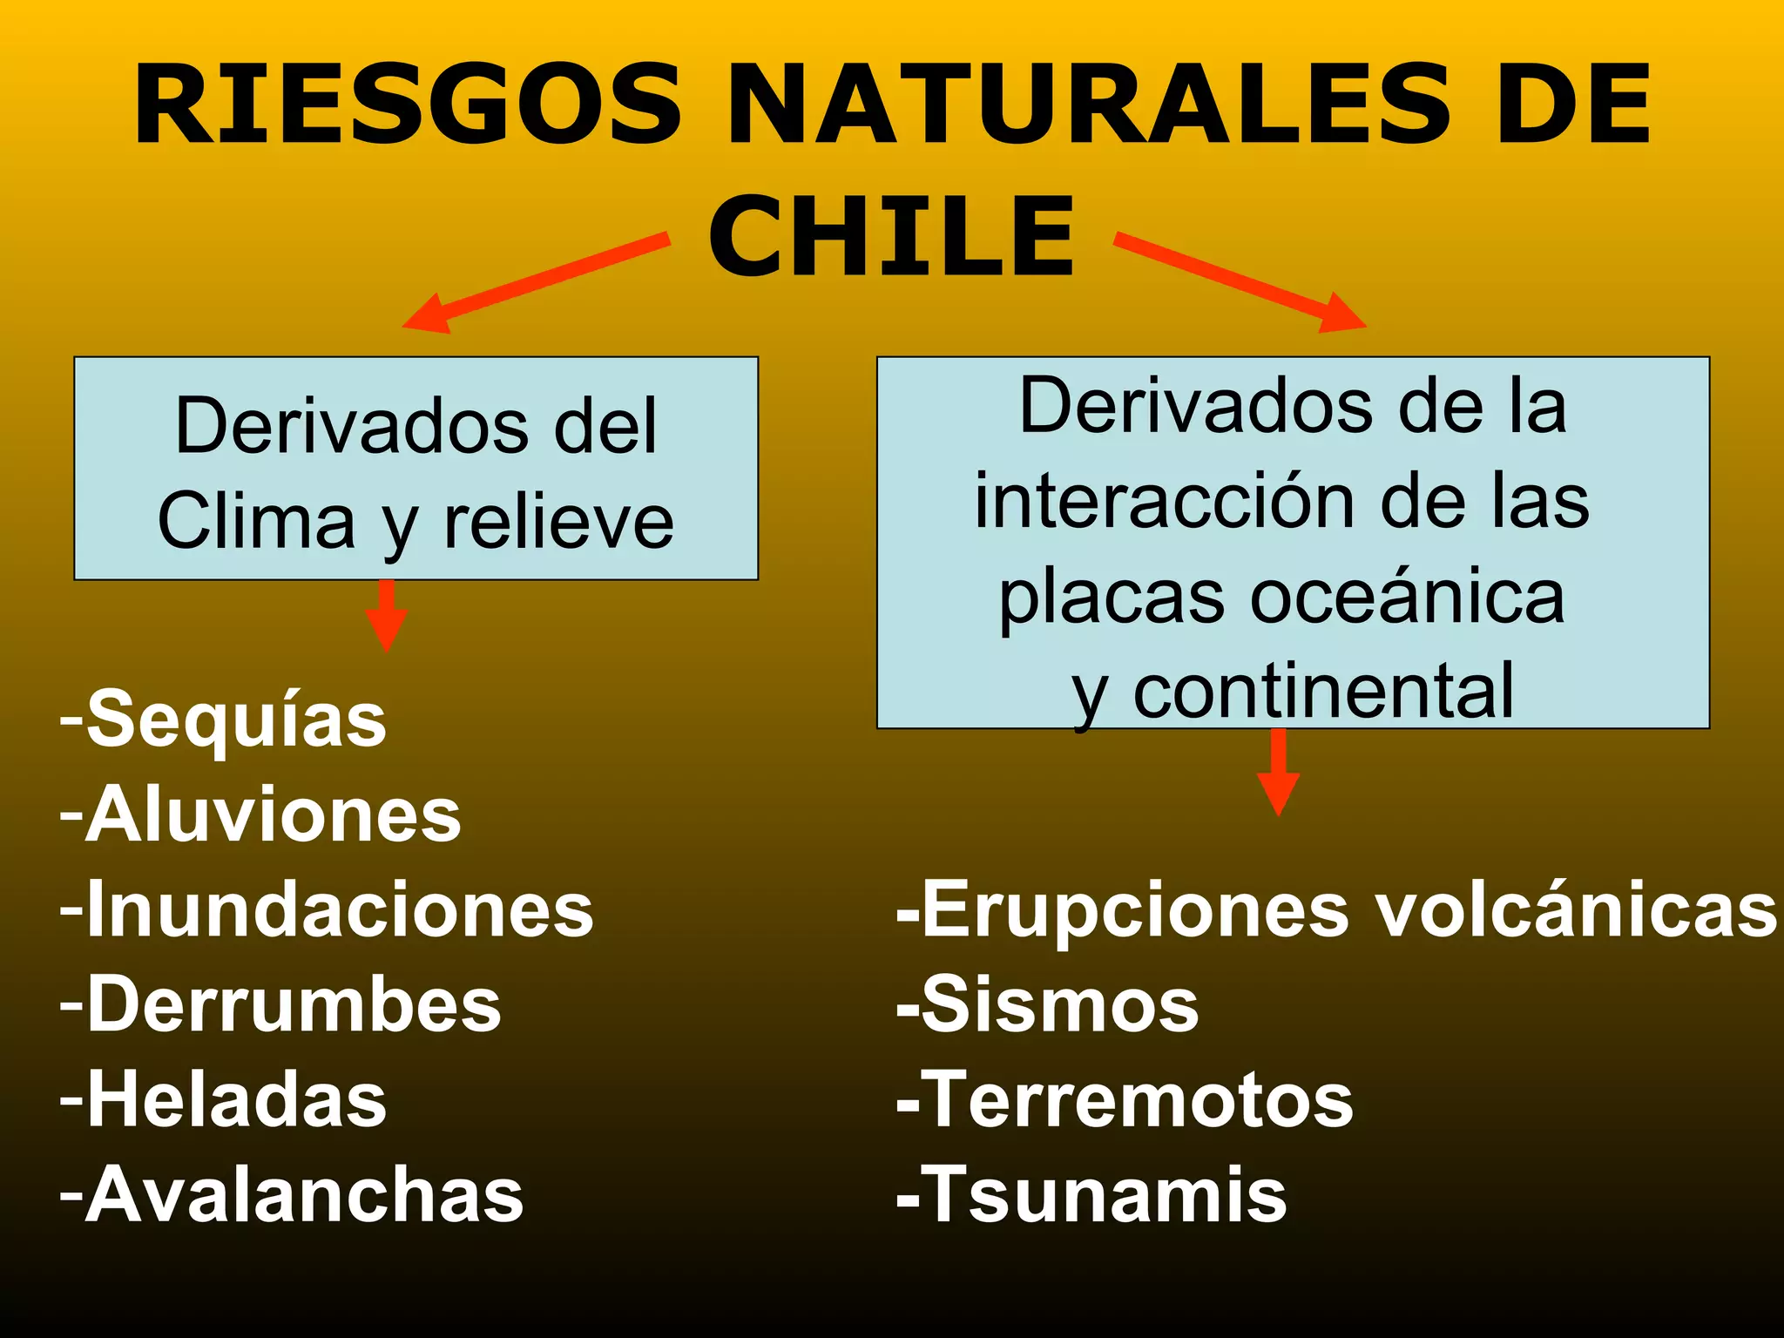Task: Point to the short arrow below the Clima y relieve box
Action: click(386, 615)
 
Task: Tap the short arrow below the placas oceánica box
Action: click(1278, 772)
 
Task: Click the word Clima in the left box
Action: click(256, 521)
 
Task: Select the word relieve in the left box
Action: click(559, 521)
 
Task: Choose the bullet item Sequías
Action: click(224, 720)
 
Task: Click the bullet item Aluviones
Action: click(261, 814)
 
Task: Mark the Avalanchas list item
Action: click(293, 1194)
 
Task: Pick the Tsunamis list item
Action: click(1092, 1194)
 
